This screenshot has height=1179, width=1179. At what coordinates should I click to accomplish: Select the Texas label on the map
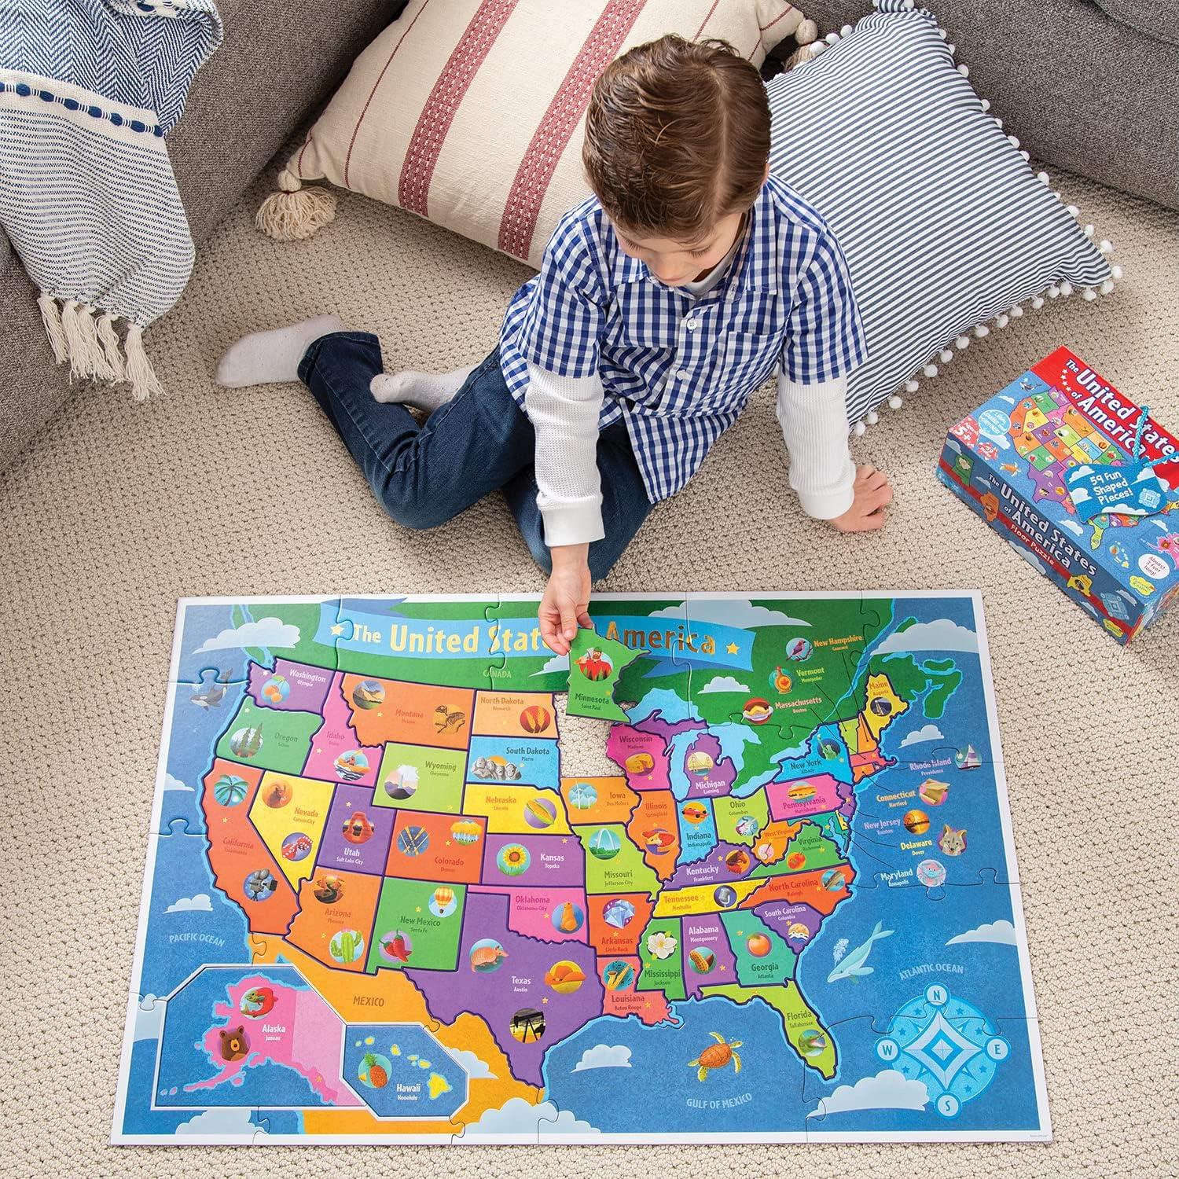520,981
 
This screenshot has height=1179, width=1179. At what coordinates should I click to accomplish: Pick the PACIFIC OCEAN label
196,939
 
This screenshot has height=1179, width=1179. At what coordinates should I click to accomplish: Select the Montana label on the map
409,714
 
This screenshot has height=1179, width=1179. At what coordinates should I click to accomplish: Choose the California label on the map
238,846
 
